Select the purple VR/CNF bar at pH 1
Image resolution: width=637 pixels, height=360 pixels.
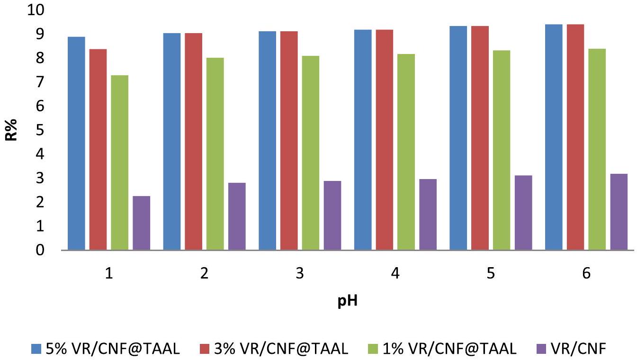click(x=141, y=223)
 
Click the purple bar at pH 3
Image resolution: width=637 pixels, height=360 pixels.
click(x=332, y=215)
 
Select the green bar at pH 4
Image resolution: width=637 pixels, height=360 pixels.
click(x=406, y=152)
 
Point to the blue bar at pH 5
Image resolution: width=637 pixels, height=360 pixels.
click(x=458, y=138)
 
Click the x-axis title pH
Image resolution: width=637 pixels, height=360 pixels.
click(x=347, y=301)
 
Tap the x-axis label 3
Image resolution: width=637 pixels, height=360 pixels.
click(x=299, y=274)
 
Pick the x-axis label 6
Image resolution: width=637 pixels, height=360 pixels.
click(x=586, y=274)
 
